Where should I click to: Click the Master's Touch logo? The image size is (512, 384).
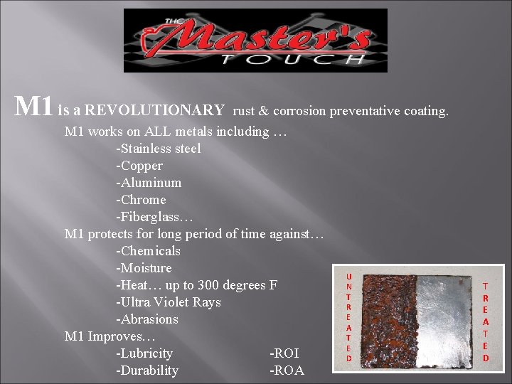[x=255, y=41]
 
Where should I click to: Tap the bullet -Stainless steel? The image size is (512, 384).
[x=159, y=149]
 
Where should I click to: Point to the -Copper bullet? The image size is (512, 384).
[x=139, y=166]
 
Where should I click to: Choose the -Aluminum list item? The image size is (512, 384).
[x=149, y=183]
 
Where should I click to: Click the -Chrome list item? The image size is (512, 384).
[x=141, y=200]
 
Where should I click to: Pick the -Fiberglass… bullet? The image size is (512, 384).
[x=153, y=217]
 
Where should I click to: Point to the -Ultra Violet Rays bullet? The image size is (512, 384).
[x=169, y=302]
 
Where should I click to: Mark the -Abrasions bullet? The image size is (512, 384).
[x=147, y=319]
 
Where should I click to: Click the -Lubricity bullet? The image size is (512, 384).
[x=144, y=353]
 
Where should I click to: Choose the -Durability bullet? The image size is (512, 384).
[x=147, y=370]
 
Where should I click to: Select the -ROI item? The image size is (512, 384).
[x=284, y=353]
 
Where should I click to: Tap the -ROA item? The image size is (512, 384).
[x=287, y=370]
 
